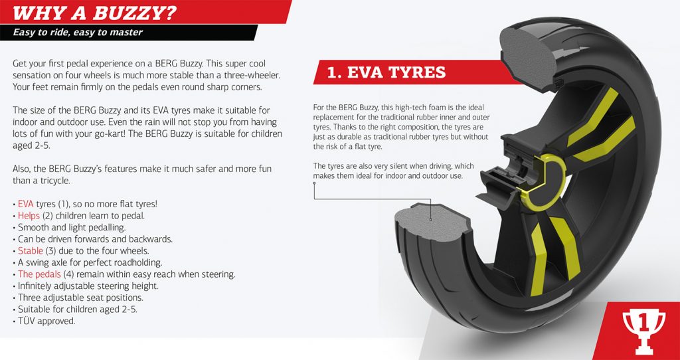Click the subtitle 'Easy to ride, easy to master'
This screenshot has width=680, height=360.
(78, 32)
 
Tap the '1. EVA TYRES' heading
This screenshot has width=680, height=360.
(386, 72)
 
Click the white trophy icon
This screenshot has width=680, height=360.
(644, 331)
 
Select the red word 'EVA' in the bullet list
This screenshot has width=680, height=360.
(26, 204)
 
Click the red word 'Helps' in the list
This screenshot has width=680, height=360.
(29, 216)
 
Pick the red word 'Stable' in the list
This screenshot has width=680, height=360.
(31, 250)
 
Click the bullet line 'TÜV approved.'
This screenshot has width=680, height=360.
(44, 321)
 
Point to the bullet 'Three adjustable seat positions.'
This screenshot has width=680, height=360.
(78, 298)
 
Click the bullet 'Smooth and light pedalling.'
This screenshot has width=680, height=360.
(69, 227)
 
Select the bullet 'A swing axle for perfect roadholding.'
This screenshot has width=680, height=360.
(88, 262)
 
